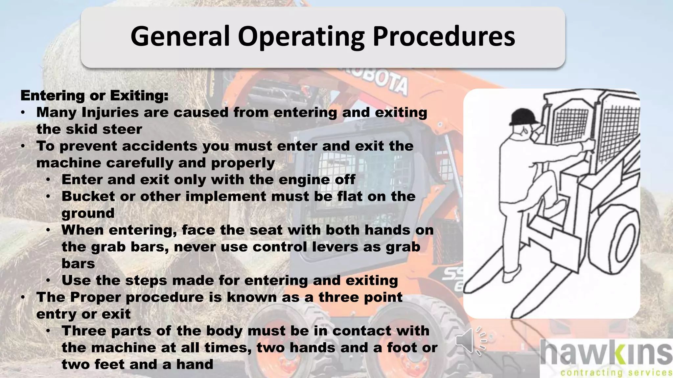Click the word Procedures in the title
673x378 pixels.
[444, 37]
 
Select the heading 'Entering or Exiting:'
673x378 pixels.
[94, 95]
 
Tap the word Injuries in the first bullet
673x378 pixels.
[110, 113]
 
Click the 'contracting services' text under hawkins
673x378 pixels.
[616, 372]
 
